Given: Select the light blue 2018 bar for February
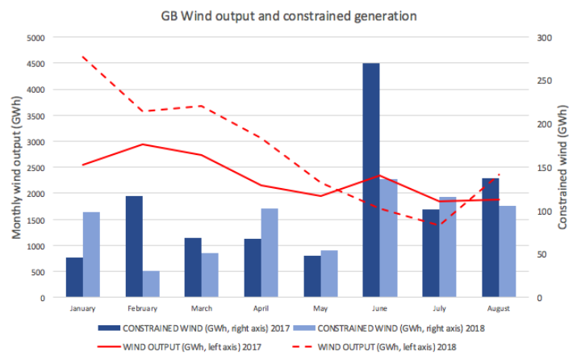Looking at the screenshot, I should (151, 284).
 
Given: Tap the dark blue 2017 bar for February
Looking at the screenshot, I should (134, 246).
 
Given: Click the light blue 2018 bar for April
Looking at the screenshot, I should (270, 253).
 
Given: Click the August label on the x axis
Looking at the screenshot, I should (498, 308).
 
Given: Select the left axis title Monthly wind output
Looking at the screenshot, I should (15, 167).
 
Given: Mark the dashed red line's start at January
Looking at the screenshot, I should (83, 57).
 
